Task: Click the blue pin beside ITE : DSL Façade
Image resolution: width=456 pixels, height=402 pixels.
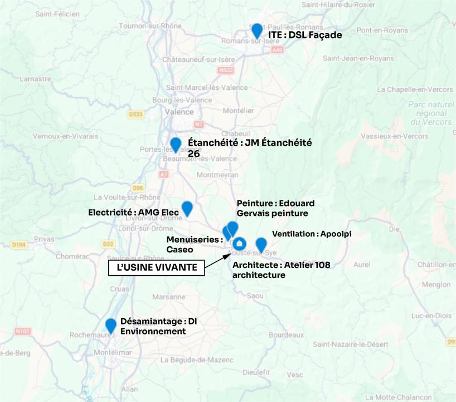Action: point(257,30)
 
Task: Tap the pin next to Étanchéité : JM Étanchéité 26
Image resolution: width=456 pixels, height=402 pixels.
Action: point(176,144)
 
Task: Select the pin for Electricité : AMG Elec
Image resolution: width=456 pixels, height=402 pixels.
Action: point(187,208)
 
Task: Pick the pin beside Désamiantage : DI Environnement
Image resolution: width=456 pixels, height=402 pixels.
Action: point(111,325)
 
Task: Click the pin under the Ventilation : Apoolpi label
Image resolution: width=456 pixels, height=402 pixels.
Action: point(261,244)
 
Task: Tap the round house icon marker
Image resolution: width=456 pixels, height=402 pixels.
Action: point(240,244)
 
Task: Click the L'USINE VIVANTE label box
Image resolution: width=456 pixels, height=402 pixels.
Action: point(156,267)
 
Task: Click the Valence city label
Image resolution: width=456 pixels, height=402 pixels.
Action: point(179,111)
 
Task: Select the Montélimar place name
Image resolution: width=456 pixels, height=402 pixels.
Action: point(115,353)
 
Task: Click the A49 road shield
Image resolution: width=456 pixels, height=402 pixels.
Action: point(278,50)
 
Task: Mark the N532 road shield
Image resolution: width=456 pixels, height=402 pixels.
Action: point(226,70)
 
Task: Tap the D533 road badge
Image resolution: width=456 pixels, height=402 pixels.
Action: point(135,114)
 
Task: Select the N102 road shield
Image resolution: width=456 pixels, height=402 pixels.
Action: point(23,331)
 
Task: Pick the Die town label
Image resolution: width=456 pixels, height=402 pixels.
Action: point(394,229)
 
